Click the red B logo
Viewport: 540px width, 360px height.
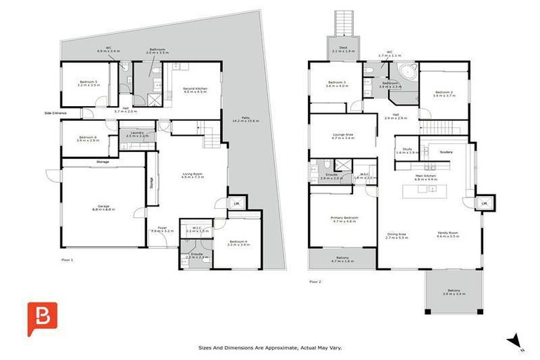coord(42,318)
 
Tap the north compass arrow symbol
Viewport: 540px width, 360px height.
coord(518,342)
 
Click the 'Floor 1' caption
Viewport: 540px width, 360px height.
coord(67,259)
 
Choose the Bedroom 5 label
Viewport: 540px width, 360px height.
coord(88,82)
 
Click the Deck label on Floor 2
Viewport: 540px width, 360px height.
coord(343,48)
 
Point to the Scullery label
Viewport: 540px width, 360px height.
coord(446,151)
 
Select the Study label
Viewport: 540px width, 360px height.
coord(407,149)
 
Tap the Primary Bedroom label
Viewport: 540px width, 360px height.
coord(345,218)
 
